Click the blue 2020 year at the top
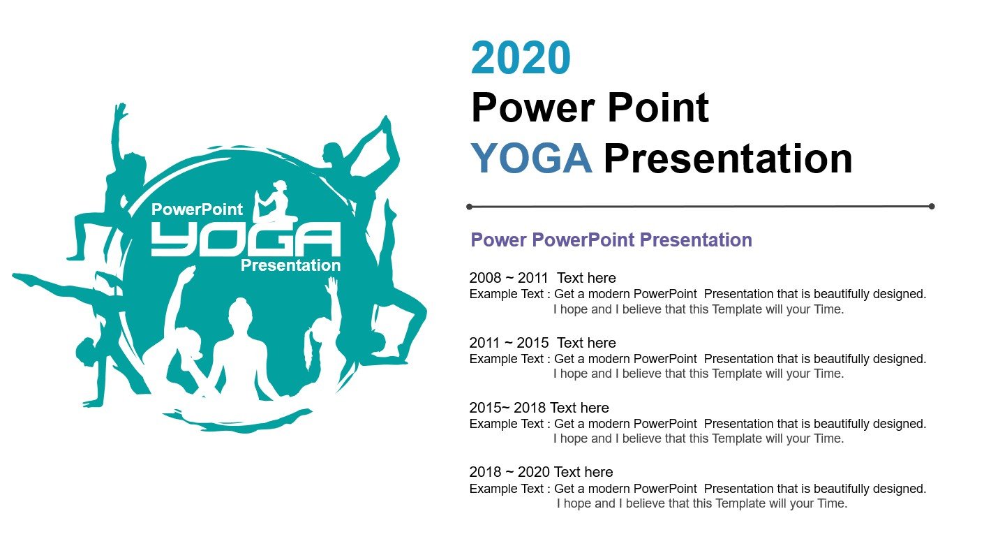(x=521, y=57)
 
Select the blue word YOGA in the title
(x=532, y=158)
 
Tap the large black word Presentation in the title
(x=728, y=158)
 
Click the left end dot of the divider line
(x=469, y=207)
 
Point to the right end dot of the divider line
(x=932, y=206)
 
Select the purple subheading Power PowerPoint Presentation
(x=611, y=240)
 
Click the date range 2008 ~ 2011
(x=509, y=278)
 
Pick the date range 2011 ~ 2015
(x=509, y=343)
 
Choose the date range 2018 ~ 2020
(x=509, y=472)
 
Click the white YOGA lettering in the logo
(x=246, y=239)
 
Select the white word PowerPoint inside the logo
(x=197, y=209)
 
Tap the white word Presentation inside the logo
(x=290, y=265)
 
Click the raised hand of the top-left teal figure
(x=120, y=110)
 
